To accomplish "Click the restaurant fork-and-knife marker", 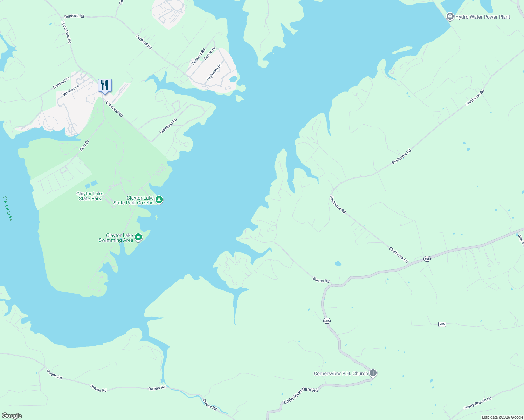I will pos(105,85).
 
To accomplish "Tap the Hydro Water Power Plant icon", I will pos(450,16).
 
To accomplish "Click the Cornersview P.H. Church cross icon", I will pos(373,373).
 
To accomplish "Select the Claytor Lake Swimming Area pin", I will pos(138,238).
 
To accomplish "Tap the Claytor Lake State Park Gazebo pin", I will pos(159,200).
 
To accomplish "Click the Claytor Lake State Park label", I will pos(90,196).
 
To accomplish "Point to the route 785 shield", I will pos(442,324).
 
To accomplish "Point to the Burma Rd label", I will pos(321,280).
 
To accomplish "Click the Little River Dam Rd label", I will pos(301,395).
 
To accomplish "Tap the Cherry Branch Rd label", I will pos(477,403).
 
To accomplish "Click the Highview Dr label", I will pos(214,72).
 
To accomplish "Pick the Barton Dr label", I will pos(209,54).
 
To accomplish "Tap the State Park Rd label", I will pos(66,32).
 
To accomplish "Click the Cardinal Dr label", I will pos(61,83).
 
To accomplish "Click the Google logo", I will pos(12,416).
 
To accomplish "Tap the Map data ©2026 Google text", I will pos(502,417).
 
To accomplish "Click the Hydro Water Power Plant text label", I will pos(482,17).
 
